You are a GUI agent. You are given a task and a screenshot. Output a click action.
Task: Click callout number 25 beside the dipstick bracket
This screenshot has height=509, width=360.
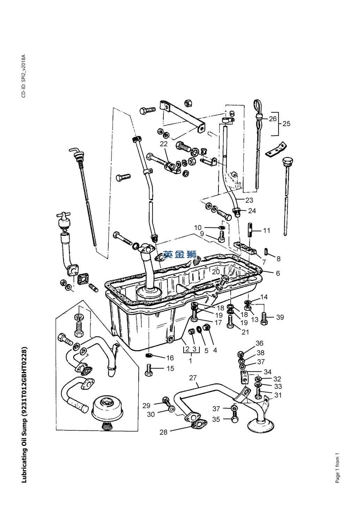(286, 124)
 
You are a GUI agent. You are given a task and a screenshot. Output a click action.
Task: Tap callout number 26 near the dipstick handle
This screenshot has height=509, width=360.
(273, 119)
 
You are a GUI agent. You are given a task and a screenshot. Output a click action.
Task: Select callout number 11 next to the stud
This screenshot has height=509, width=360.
(266, 231)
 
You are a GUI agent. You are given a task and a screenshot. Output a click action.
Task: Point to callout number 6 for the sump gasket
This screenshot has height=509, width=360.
(278, 273)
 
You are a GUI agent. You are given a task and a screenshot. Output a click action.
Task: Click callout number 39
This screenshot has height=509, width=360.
(280, 317)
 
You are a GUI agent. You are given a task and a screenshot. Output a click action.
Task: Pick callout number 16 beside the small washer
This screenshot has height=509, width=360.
(170, 358)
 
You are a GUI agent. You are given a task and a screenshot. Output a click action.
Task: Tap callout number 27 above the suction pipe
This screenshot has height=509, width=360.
(193, 378)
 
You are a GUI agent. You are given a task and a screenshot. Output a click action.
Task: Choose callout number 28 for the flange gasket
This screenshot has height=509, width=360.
(163, 432)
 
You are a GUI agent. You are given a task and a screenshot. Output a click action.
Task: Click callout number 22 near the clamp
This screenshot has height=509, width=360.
(164, 144)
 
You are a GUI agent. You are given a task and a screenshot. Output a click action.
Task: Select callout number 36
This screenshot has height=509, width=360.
(259, 343)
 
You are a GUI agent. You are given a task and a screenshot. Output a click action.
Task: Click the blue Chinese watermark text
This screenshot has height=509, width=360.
(180, 254)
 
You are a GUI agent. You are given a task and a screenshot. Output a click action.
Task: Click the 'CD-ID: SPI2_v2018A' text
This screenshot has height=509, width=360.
(24, 76)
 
